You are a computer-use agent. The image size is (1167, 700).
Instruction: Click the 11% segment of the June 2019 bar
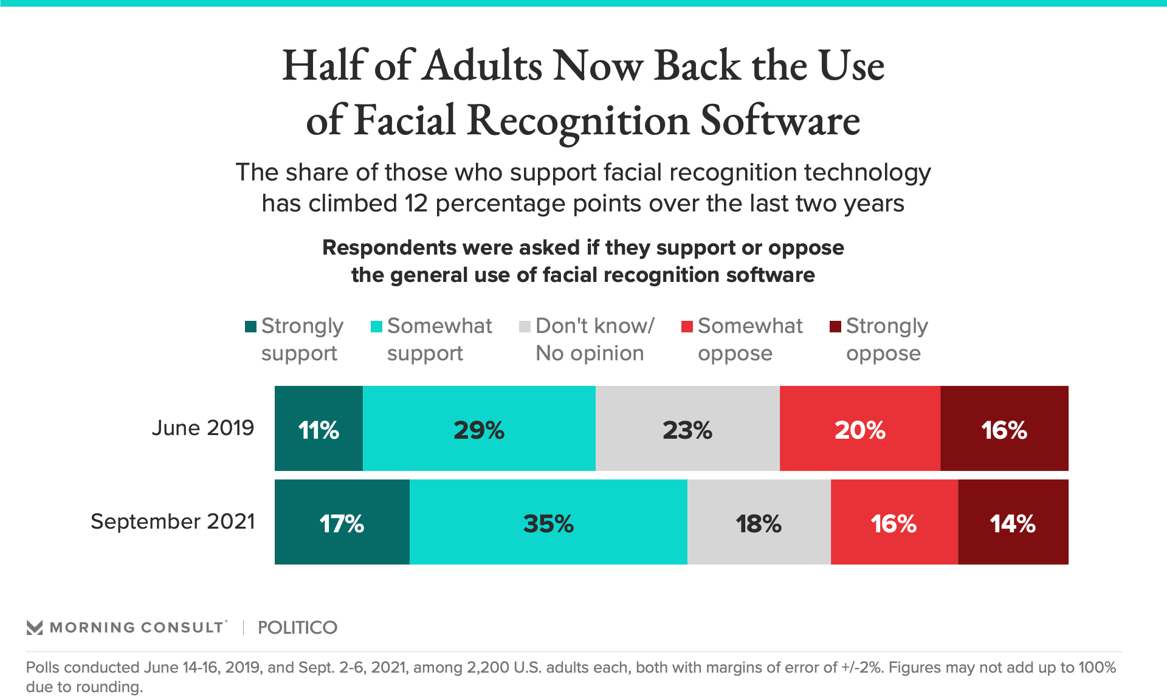click(318, 428)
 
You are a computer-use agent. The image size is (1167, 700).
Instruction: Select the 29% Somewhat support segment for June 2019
click(479, 428)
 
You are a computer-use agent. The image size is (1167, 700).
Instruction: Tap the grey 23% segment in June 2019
click(687, 428)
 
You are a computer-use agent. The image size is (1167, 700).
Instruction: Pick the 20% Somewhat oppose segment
click(860, 428)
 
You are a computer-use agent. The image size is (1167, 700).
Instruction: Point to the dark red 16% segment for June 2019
click(1004, 428)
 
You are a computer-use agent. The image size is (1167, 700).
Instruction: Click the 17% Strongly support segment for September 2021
click(342, 522)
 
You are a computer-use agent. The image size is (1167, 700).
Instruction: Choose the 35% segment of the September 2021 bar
click(548, 522)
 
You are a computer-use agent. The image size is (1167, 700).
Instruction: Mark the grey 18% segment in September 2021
click(759, 522)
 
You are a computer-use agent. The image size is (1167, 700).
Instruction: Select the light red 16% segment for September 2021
click(894, 522)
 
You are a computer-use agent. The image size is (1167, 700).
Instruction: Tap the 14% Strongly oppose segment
click(1013, 522)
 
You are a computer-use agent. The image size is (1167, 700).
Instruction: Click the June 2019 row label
click(202, 428)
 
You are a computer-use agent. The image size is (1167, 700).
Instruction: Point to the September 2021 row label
click(173, 521)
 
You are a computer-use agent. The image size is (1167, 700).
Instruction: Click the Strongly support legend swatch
click(250, 327)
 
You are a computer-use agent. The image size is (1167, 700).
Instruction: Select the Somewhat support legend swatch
click(377, 327)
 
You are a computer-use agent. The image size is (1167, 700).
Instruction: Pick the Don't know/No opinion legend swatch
click(525, 327)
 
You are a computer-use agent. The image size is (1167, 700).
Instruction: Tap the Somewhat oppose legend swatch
click(687, 327)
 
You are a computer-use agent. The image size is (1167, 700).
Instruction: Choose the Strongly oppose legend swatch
click(836, 327)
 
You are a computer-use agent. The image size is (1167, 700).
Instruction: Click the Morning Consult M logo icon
click(35, 628)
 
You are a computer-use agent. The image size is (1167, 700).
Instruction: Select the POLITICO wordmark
click(297, 628)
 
